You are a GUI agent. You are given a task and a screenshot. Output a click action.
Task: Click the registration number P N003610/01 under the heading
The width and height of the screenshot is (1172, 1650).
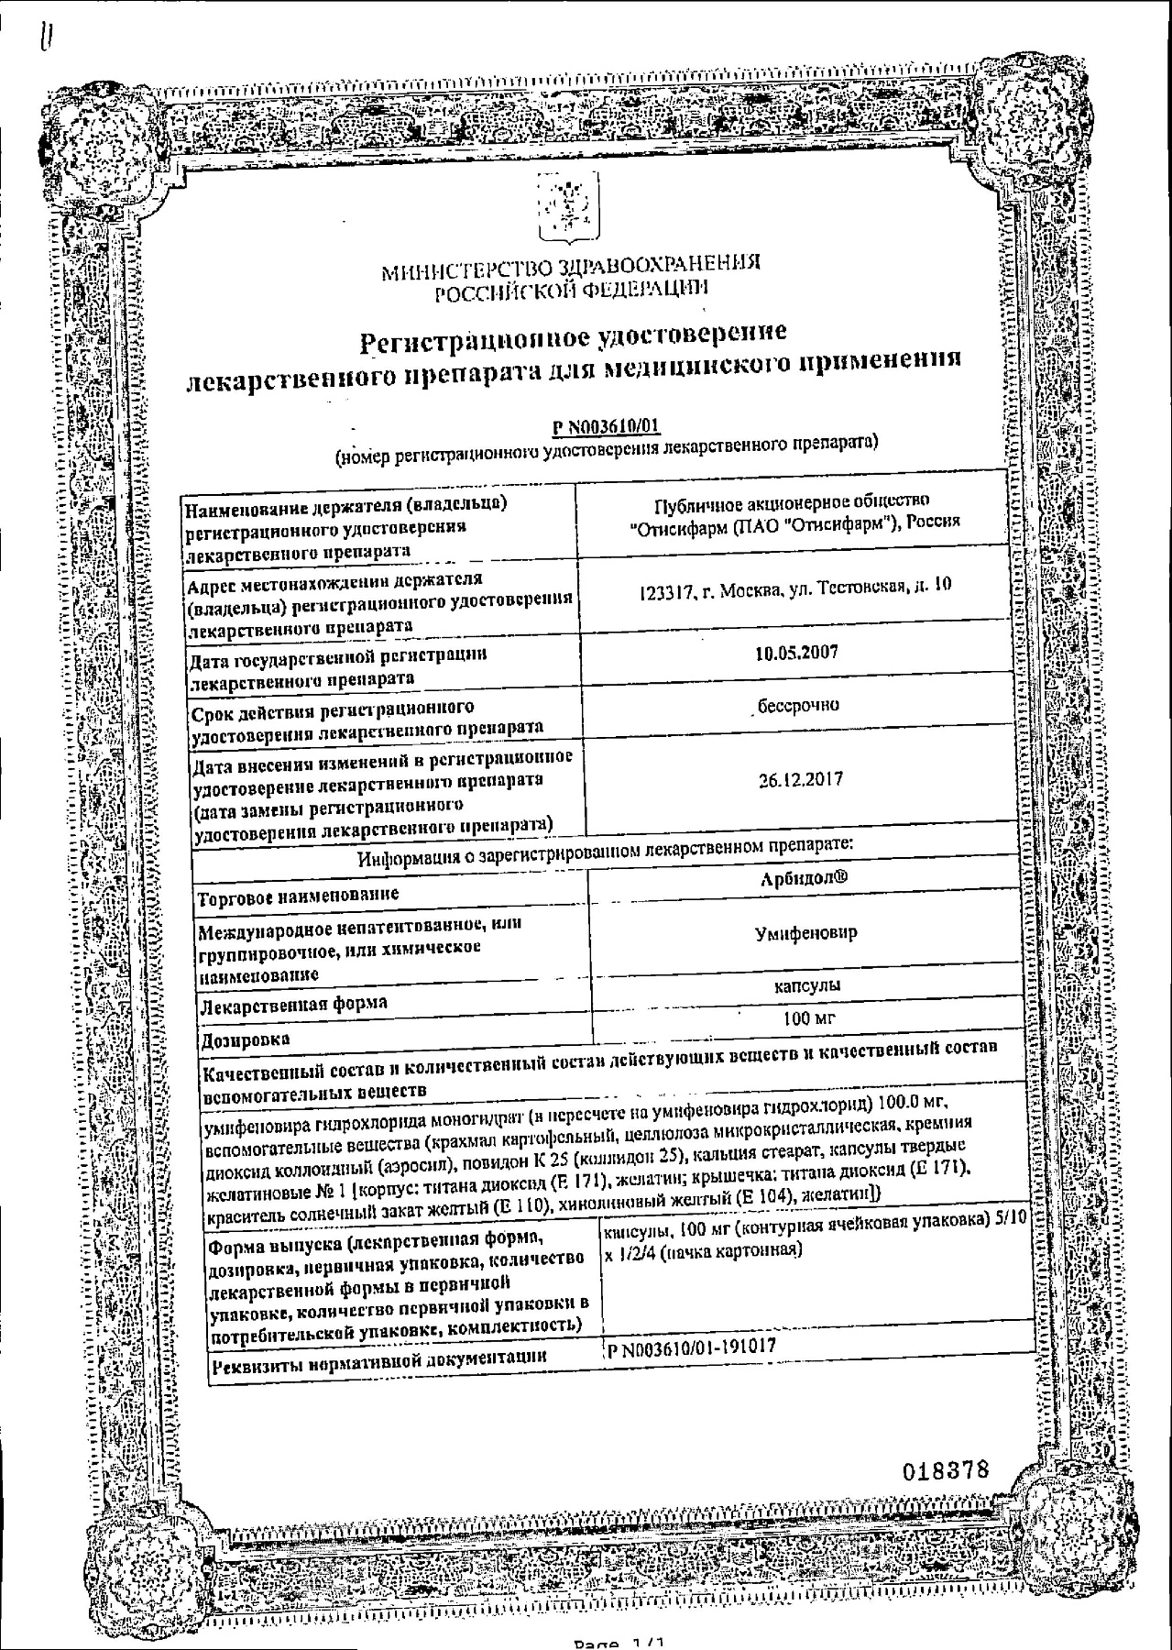(607, 426)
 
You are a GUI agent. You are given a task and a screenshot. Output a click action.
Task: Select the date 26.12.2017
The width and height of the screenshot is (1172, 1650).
(800, 780)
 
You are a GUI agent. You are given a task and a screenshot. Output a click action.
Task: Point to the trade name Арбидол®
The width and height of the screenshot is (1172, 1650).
(804, 878)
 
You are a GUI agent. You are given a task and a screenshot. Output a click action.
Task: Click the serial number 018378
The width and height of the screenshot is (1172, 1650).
(946, 1470)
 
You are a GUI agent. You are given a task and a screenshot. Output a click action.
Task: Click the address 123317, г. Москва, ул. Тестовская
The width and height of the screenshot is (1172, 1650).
(794, 585)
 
